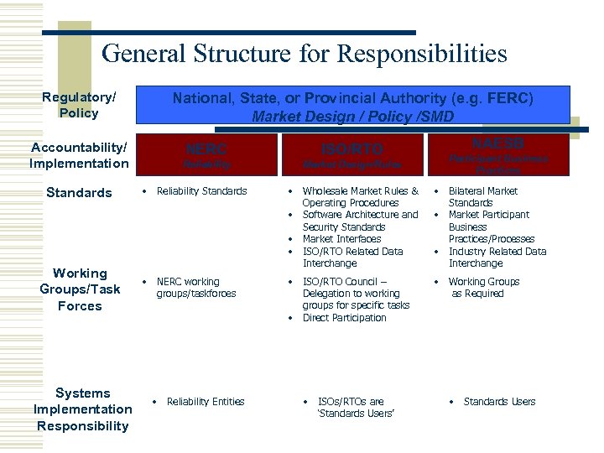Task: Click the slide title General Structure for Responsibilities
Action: (304, 55)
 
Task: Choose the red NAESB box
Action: (498, 154)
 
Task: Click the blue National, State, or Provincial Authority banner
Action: (352, 107)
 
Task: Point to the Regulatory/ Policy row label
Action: (79, 105)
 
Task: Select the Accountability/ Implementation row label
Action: (79, 155)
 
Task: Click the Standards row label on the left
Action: (79, 193)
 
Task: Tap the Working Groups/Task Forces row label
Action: (79, 289)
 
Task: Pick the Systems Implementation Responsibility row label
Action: (82, 409)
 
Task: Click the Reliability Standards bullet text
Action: (201, 191)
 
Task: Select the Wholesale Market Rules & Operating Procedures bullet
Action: (360, 197)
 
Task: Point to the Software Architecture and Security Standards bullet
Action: (360, 221)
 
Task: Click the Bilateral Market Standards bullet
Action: (483, 197)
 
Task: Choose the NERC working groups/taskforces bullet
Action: (196, 288)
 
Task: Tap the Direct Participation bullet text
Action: (344, 318)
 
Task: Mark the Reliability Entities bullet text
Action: (206, 402)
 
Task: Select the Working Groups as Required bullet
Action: (484, 288)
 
